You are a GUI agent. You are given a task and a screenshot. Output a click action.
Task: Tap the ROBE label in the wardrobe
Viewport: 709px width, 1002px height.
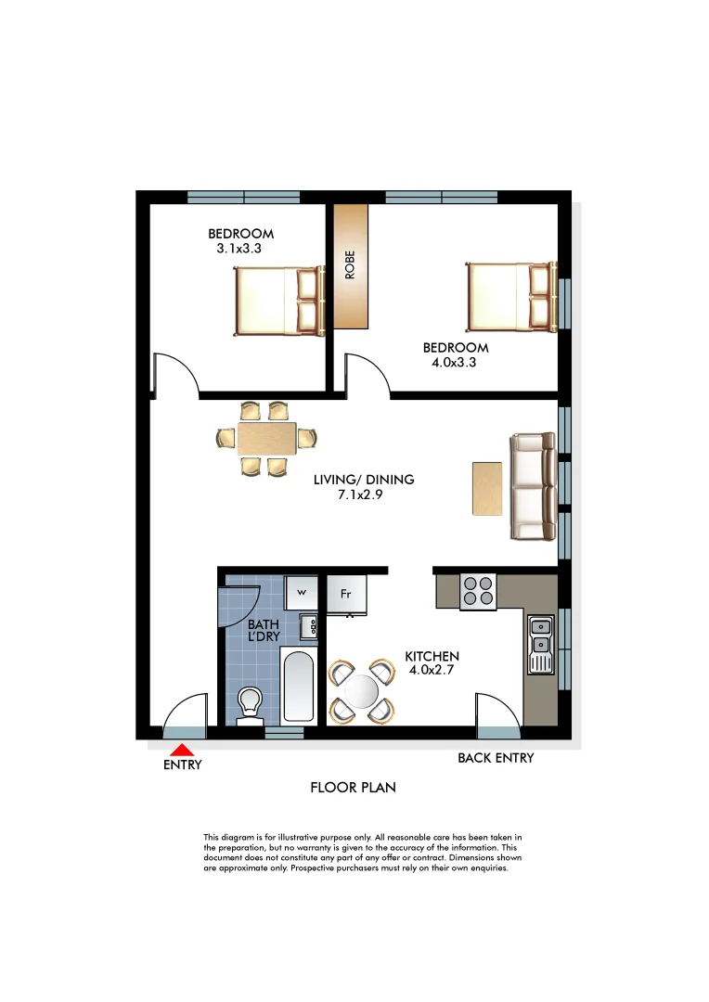pyautogui.click(x=350, y=265)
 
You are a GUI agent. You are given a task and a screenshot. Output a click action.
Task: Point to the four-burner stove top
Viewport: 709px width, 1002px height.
pyautogui.click(x=478, y=592)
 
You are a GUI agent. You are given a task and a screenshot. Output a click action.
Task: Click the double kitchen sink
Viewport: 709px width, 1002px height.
pyautogui.click(x=539, y=643)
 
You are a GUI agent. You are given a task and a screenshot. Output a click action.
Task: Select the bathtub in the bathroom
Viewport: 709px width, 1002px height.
pyautogui.click(x=298, y=686)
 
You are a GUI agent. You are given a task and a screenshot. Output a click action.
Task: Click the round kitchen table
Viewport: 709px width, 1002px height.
pyautogui.click(x=360, y=691)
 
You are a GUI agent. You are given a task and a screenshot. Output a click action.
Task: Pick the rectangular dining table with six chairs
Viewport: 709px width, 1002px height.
pyautogui.click(x=266, y=439)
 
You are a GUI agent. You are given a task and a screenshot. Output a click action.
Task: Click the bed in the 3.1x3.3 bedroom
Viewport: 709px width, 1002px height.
pyautogui.click(x=278, y=301)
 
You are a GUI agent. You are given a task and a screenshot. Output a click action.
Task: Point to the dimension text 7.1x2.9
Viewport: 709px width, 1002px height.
pyautogui.click(x=364, y=495)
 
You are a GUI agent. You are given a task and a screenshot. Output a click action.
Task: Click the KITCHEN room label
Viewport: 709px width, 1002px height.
pyautogui.click(x=432, y=657)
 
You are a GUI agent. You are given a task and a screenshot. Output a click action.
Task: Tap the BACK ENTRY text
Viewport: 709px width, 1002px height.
pyautogui.click(x=496, y=758)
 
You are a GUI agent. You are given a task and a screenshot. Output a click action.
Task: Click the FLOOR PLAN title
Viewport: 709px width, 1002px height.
pyautogui.click(x=353, y=788)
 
